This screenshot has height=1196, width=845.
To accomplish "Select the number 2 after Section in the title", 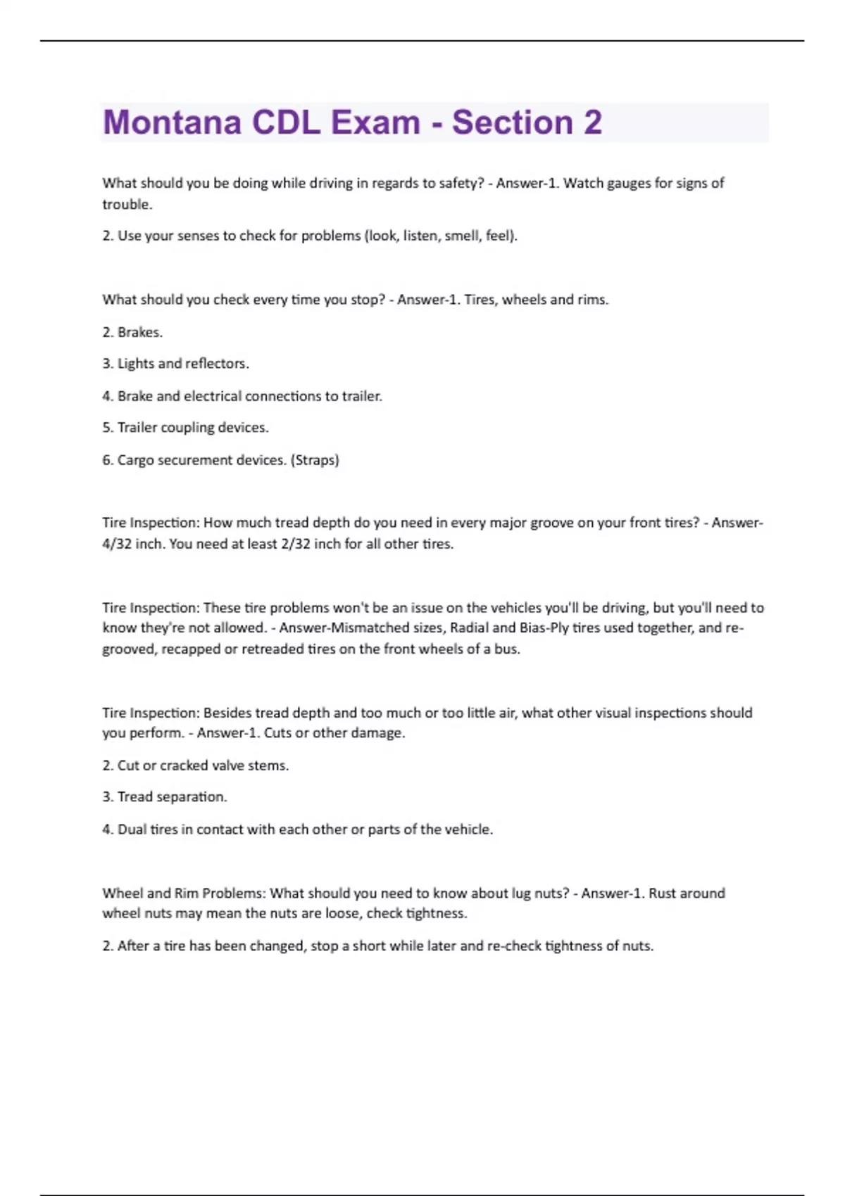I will coord(592,122).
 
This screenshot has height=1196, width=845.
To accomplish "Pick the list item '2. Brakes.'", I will coord(132,332).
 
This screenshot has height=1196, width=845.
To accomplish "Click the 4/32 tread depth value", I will coord(117,544).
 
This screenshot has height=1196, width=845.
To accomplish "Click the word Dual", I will coord(132,829).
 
